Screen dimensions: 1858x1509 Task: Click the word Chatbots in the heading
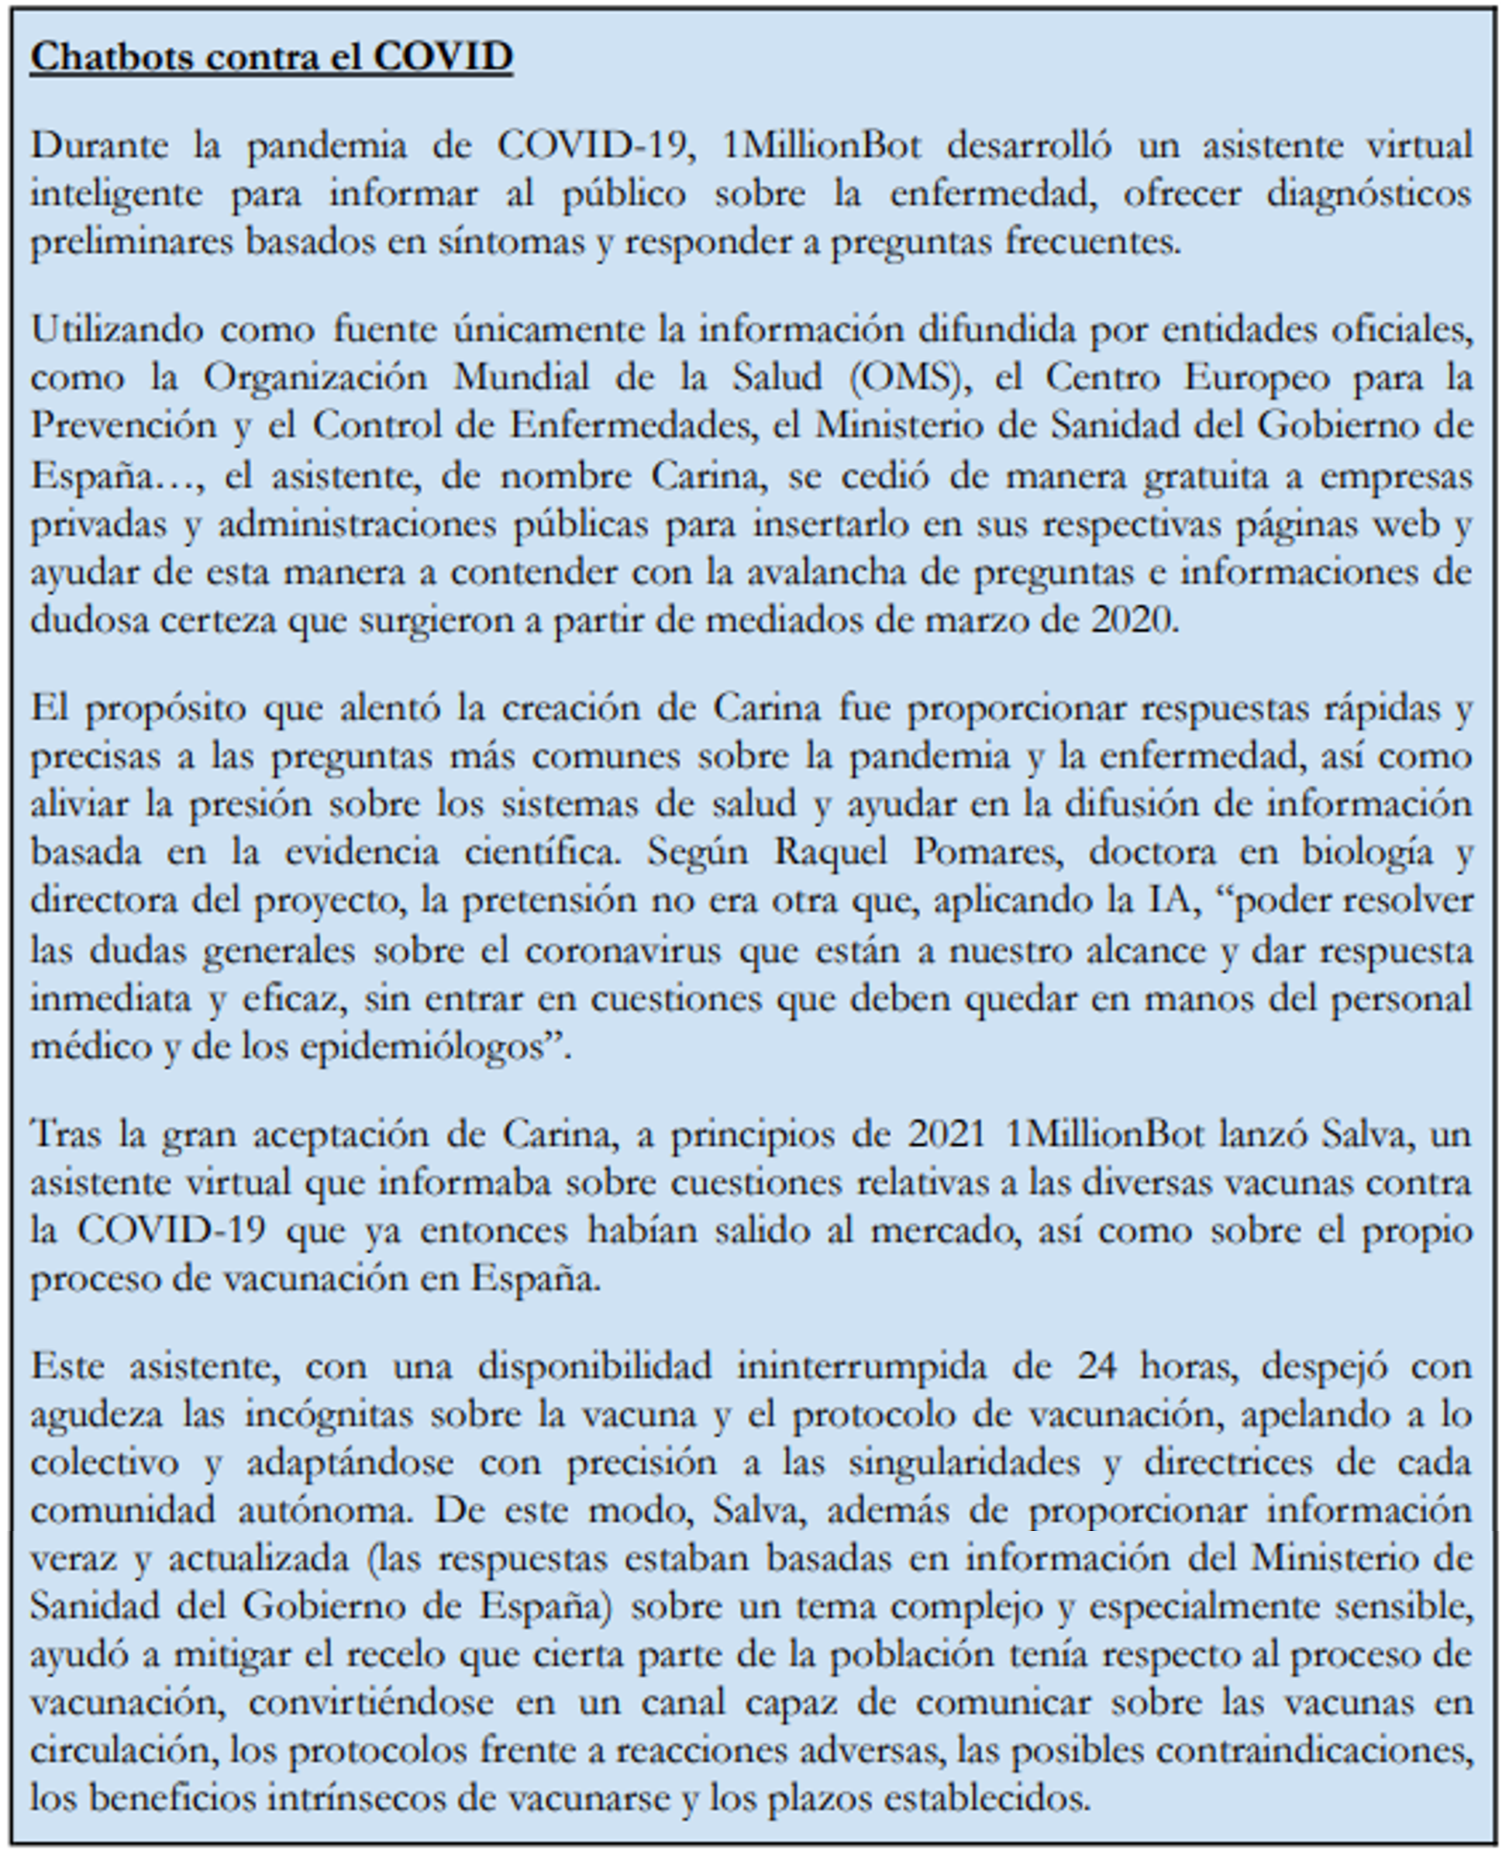point(112,57)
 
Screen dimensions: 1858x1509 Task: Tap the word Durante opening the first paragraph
point(99,145)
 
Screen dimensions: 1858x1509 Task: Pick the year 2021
point(946,1134)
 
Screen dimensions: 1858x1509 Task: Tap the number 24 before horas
point(1096,1366)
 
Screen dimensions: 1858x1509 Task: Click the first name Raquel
point(830,851)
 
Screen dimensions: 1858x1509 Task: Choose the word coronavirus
point(622,950)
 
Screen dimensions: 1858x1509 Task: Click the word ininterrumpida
point(861,1366)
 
